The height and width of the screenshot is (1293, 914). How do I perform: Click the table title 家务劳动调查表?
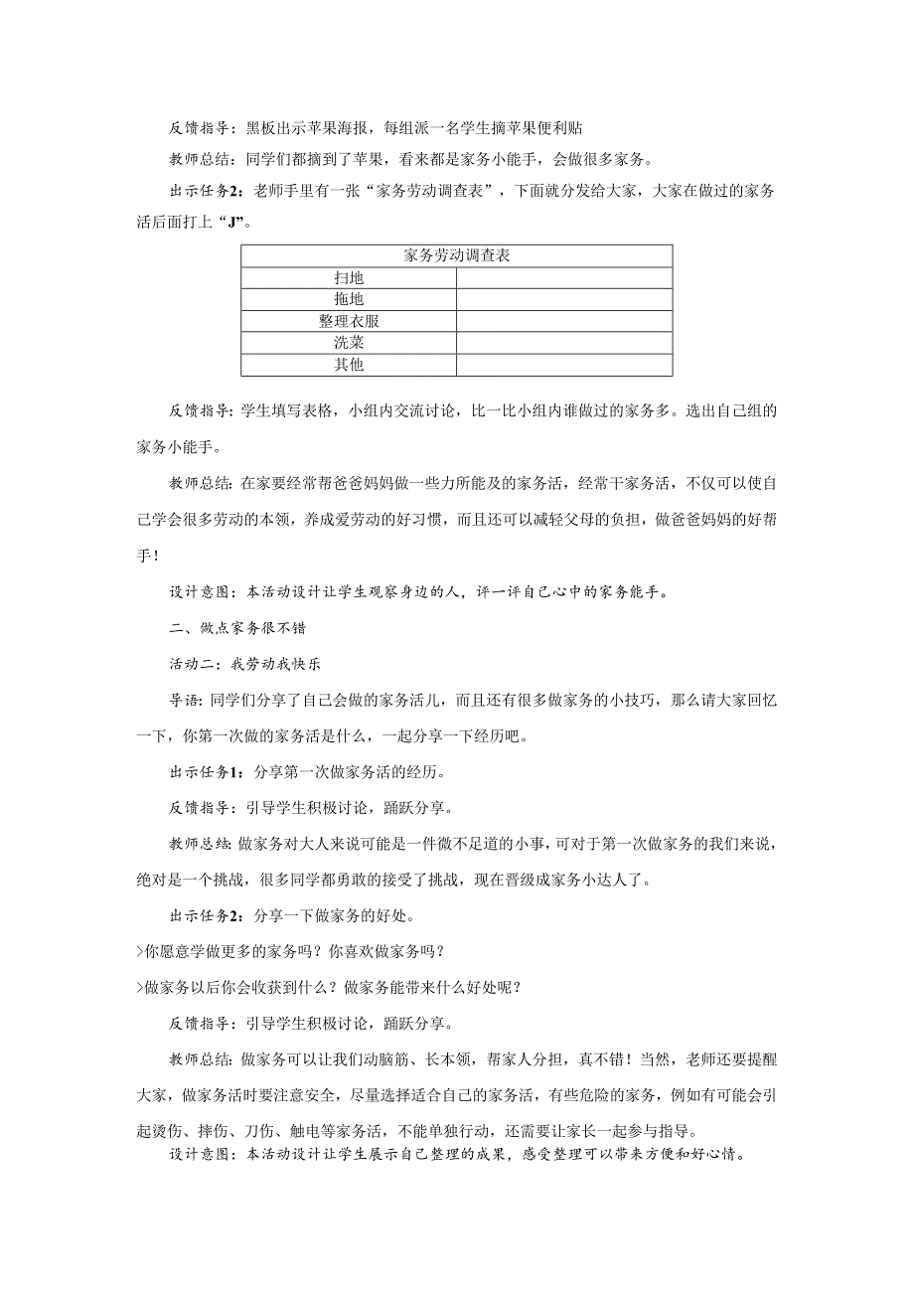[456, 256]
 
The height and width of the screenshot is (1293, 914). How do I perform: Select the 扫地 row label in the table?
[349, 278]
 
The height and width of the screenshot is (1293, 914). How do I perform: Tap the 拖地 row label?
[349, 299]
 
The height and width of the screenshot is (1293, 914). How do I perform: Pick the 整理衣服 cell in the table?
[349, 321]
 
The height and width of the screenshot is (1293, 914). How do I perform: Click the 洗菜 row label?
[349, 343]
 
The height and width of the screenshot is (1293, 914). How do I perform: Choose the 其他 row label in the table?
[349, 365]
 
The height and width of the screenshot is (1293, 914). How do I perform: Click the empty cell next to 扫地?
[563, 278]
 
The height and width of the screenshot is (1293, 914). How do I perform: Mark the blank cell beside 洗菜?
[563, 343]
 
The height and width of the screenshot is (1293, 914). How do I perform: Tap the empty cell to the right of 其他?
[563, 365]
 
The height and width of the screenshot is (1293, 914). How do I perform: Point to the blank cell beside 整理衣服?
[563, 321]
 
